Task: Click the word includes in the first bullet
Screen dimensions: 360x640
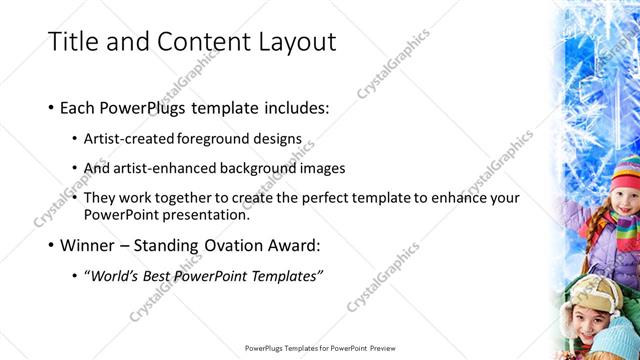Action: click(x=296, y=107)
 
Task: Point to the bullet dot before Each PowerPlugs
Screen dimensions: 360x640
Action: click(x=51, y=107)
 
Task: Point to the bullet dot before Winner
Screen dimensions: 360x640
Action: click(x=51, y=245)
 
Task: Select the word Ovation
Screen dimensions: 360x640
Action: click(x=229, y=245)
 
